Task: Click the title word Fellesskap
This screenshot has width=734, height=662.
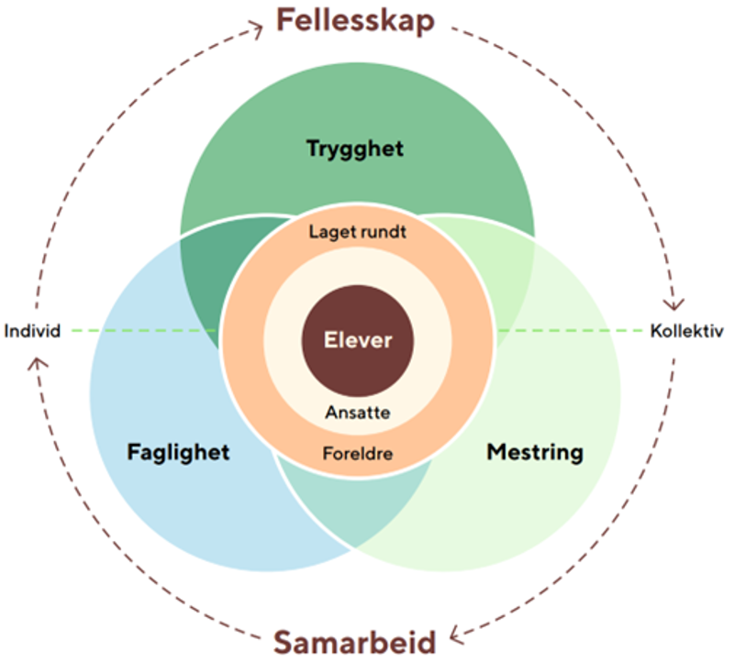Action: click(x=355, y=20)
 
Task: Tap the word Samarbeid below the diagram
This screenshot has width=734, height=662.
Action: click(x=354, y=641)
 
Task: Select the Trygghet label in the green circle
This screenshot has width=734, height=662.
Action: click(x=355, y=149)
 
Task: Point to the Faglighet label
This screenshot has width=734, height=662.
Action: click(x=178, y=452)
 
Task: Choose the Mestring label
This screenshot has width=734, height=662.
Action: click(x=535, y=452)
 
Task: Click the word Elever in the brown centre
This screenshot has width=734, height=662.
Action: click(x=358, y=341)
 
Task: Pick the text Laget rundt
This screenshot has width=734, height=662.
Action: click(x=358, y=232)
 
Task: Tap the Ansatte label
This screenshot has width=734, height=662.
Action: click(x=358, y=413)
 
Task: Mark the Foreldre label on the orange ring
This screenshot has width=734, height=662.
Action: click(x=358, y=453)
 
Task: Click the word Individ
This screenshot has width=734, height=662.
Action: click(x=32, y=330)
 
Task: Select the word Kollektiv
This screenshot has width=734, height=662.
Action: click(x=686, y=330)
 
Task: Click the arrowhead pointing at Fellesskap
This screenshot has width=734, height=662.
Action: click(x=258, y=29)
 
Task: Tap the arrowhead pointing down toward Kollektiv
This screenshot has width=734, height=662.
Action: click(x=677, y=303)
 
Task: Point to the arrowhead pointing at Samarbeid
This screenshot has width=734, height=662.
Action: click(x=459, y=632)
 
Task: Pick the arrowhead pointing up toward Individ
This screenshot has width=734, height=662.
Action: click(x=36, y=361)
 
